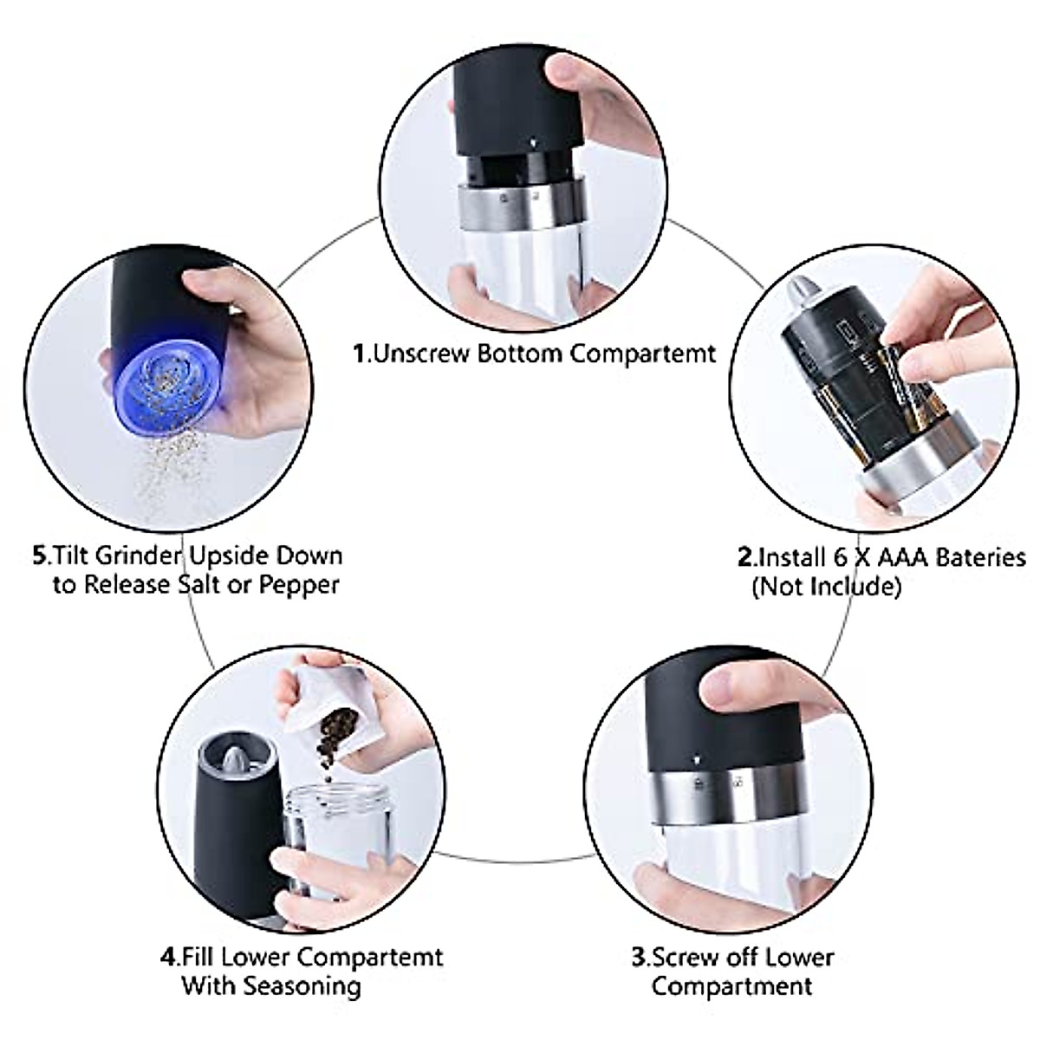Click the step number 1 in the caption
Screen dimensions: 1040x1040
pos(360,354)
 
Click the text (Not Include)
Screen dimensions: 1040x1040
pos(826,587)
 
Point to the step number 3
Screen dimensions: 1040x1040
pos(639,958)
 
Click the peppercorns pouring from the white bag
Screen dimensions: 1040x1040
pos(334,737)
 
